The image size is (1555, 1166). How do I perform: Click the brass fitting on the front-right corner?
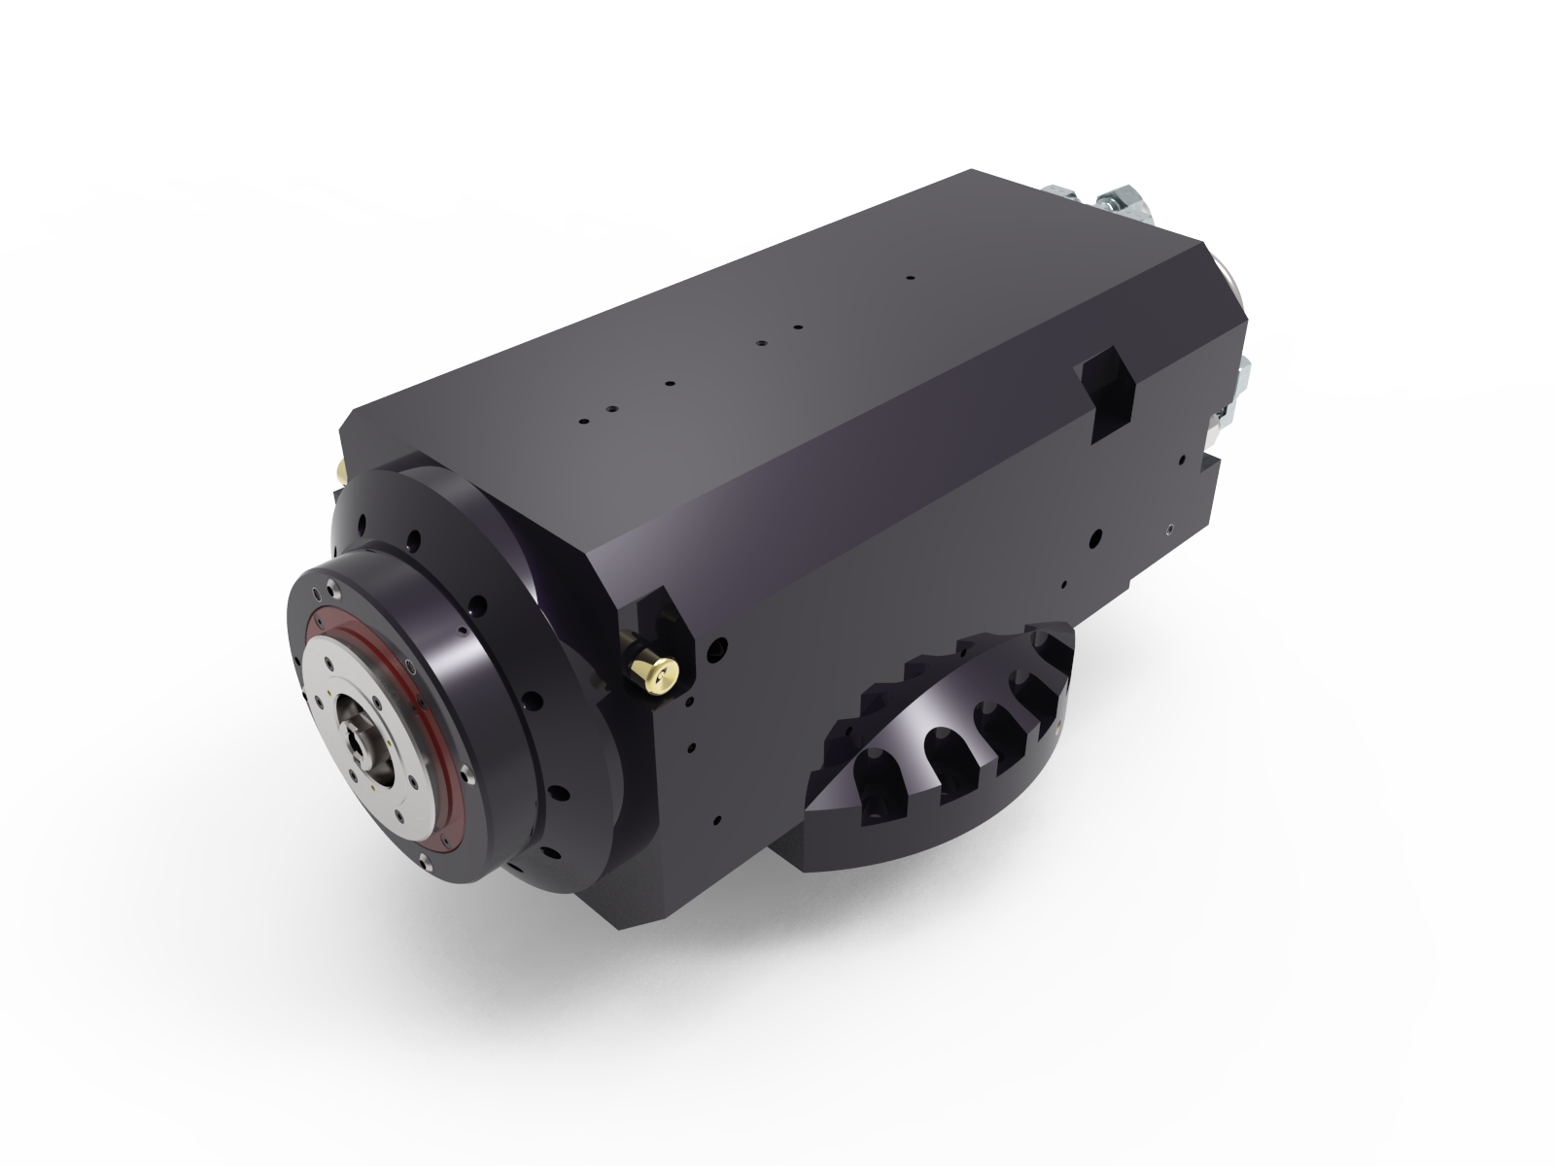click(653, 672)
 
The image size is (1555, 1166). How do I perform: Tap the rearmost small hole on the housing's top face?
click(910, 278)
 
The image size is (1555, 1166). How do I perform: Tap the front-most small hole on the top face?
click(583, 423)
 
